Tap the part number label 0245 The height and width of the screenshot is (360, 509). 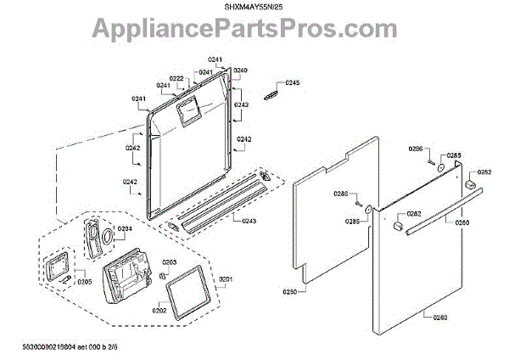pos(293,83)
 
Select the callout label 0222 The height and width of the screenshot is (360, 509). pos(187,78)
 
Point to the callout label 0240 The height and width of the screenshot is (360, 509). pos(240,70)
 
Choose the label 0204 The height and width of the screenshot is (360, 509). pos(124,229)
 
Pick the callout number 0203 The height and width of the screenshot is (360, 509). pos(169,263)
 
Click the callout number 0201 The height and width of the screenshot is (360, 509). pos(226,279)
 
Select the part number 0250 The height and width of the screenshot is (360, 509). pos(289,291)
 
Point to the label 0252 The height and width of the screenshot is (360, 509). pos(484,172)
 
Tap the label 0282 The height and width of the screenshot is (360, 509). pos(414,214)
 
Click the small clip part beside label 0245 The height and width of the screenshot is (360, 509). pos(272,93)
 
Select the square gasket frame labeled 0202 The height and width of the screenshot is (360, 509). pos(186,290)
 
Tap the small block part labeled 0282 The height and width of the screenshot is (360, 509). pos(396,227)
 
